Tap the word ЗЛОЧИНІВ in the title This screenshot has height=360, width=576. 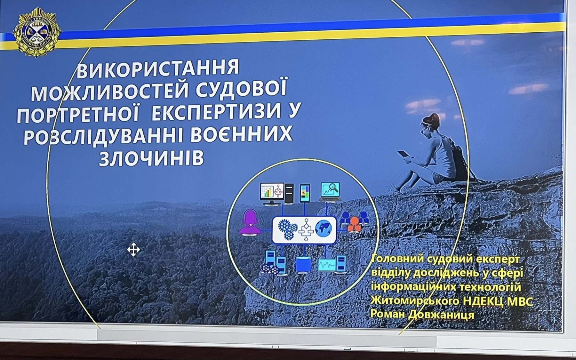click(x=151, y=158)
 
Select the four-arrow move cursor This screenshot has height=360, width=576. click(x=133, y=250)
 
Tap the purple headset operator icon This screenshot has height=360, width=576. click(x=250, y=223)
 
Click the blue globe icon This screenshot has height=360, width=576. click(x=324, y=228)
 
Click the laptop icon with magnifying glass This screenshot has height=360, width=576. click(x=330, y=192)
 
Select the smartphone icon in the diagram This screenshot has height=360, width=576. click(x=305, y=193)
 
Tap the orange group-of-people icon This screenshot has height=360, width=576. click(x=354, y=221)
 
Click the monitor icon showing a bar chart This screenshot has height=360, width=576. click(x=272, y=194)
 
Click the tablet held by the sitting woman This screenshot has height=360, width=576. click(x=404, y=155)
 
